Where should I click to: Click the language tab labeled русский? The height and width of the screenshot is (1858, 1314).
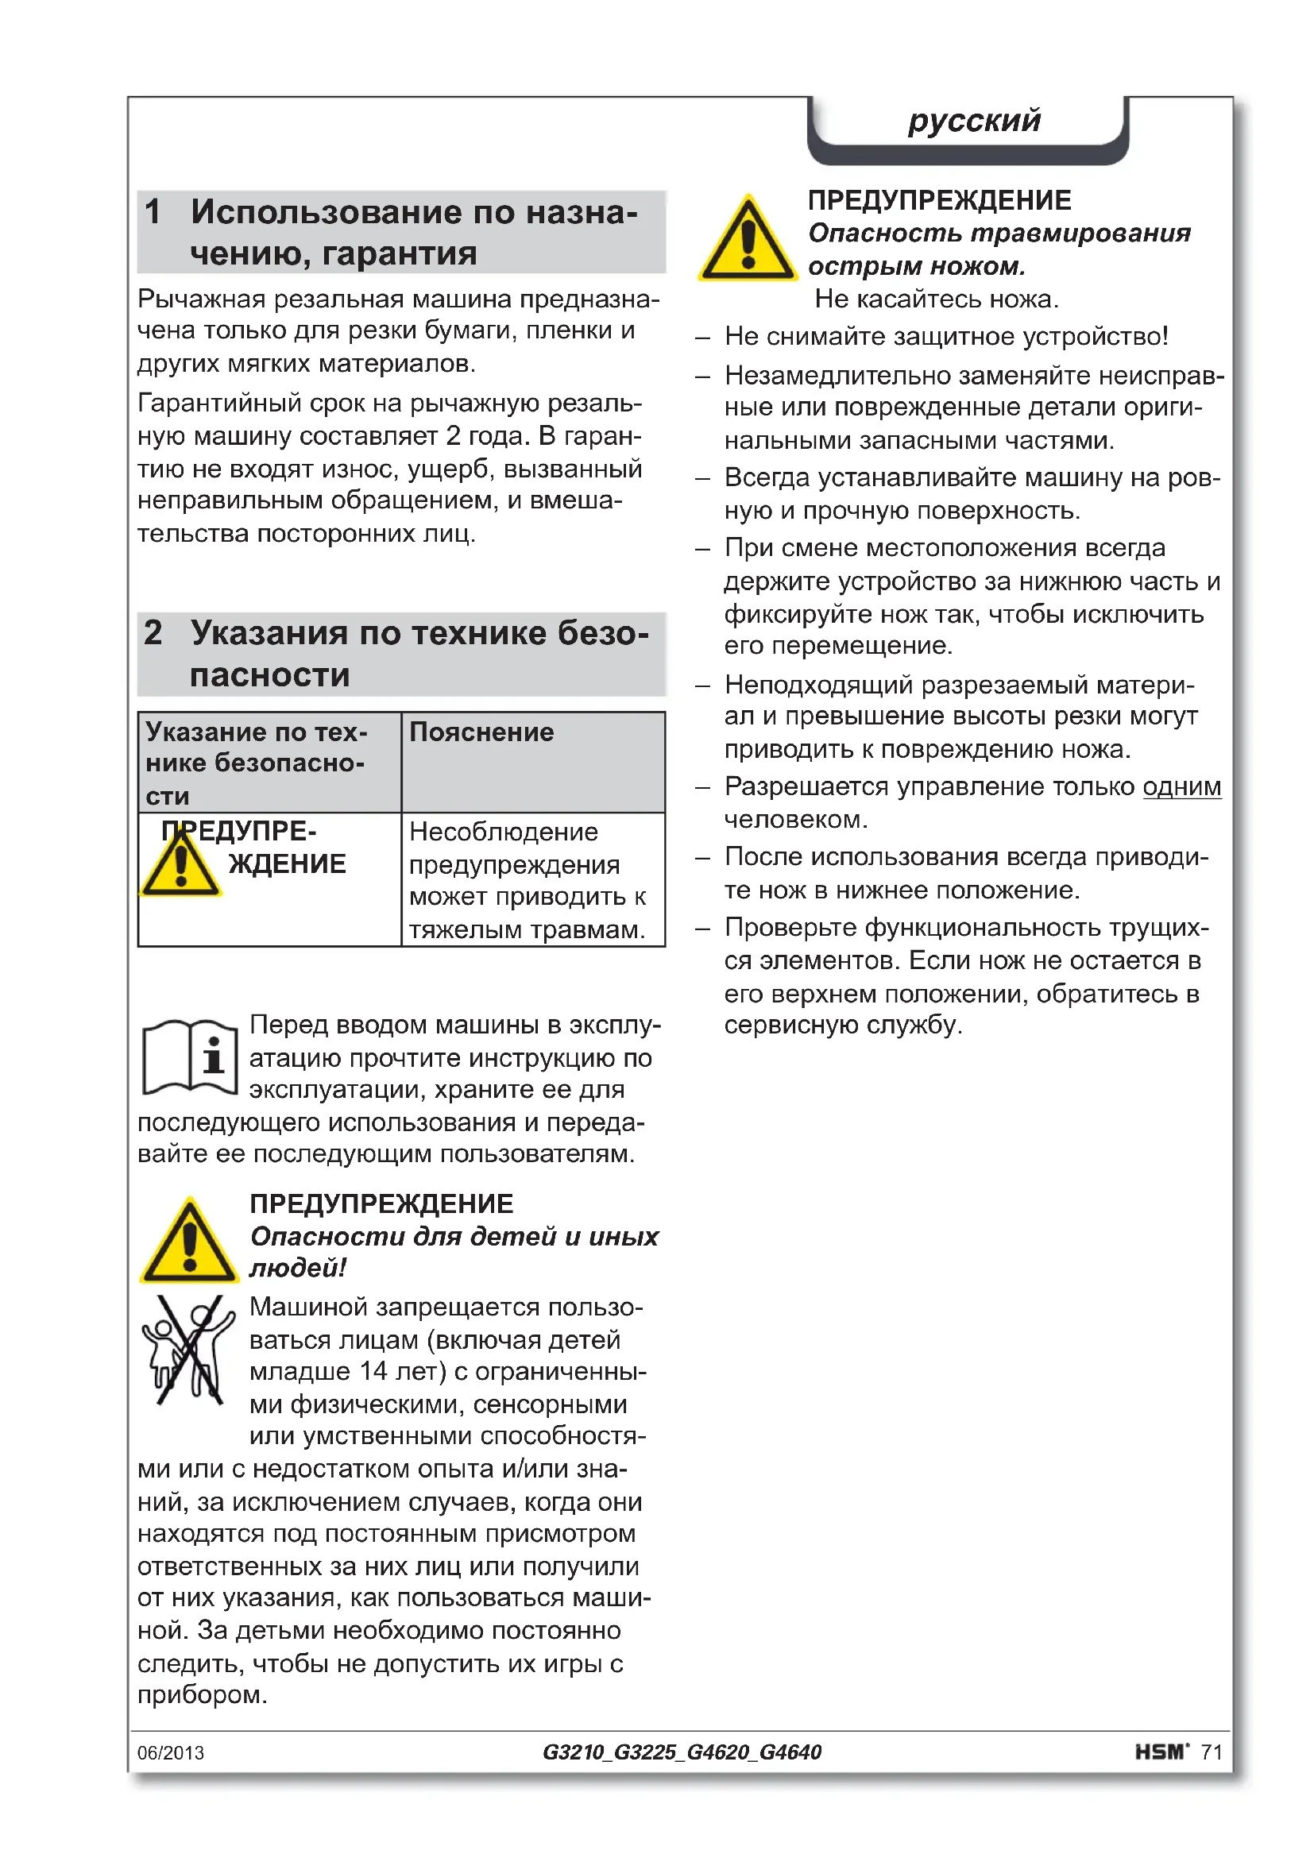coord(973,122)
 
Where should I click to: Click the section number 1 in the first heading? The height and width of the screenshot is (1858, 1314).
coord(152,212)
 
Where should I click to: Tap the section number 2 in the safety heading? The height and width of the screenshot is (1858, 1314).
coord(153,633)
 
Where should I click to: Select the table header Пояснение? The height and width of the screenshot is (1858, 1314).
coord(481,732)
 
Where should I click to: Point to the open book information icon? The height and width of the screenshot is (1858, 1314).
coord(190,1056)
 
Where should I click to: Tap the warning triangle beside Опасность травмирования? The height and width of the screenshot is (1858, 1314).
coord(748,241)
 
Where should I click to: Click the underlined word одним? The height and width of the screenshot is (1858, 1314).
coord(1181,786)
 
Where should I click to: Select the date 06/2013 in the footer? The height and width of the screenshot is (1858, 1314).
coord(171,1753)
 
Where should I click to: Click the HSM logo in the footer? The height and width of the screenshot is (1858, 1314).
coord(1161,1752)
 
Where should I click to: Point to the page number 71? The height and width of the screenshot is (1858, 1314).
coord(1212,1752)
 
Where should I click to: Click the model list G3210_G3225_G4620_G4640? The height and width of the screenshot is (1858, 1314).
coord(682,1752)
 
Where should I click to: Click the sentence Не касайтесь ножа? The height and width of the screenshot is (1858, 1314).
coord(936,299)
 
